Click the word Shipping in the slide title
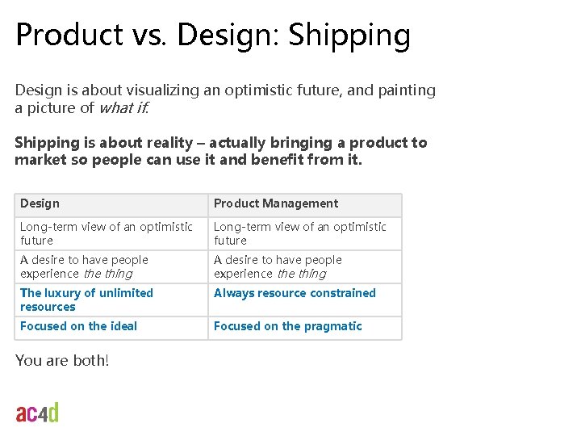pyautogui.click(x=349, y=36)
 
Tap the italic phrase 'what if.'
pyautogui.click(x=123, y=108)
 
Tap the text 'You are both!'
pyautogui.click(x=61, y=360)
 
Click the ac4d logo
pyautogui.click(x=37, y=413)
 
